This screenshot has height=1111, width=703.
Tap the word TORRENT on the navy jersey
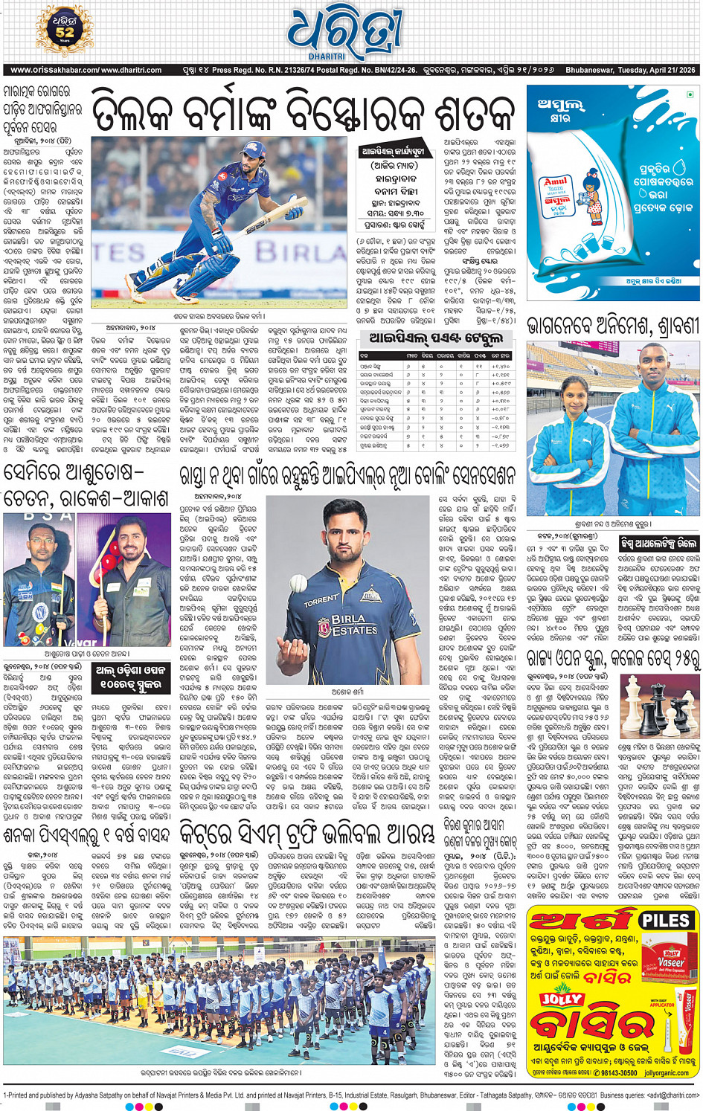tap(321, 599)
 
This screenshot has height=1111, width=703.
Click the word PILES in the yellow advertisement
tap(666, 919)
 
